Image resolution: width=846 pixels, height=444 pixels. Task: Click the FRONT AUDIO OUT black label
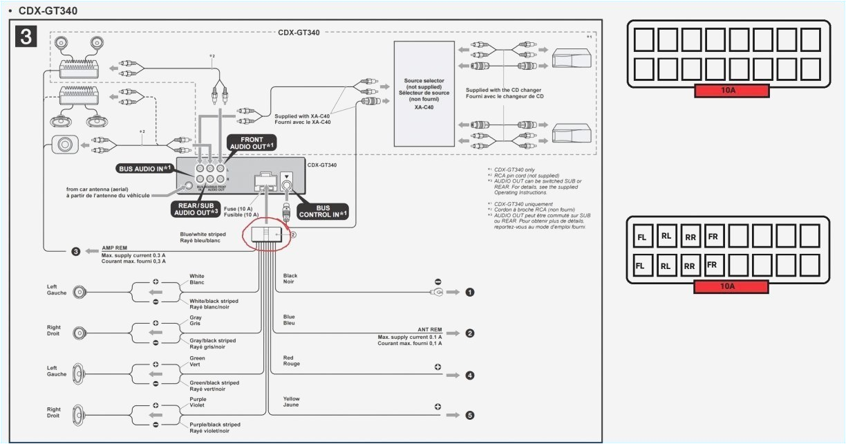coord(252,143)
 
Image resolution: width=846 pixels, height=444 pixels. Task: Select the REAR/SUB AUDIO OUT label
coord(196,208)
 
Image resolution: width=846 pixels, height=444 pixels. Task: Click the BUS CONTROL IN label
coord(323,211)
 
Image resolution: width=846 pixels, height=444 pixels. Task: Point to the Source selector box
coord(424,93)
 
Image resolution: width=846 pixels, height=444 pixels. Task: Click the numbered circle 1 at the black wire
coord(470,293)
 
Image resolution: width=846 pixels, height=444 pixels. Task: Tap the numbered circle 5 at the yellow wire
coord(470,416)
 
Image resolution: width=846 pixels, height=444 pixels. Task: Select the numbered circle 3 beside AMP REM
coord(76,251)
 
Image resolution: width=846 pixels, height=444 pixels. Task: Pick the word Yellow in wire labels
coord(292,399)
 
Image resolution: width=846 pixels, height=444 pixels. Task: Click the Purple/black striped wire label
coord(214,425)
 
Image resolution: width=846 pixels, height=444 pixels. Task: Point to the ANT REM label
coord(429,330)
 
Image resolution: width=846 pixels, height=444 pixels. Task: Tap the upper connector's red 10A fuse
coord(732,91)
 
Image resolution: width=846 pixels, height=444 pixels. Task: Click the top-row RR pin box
coord(690,237)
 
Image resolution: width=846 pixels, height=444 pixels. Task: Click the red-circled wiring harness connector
coord(267,234)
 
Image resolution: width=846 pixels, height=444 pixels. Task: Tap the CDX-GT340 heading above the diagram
coord(48,11)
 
